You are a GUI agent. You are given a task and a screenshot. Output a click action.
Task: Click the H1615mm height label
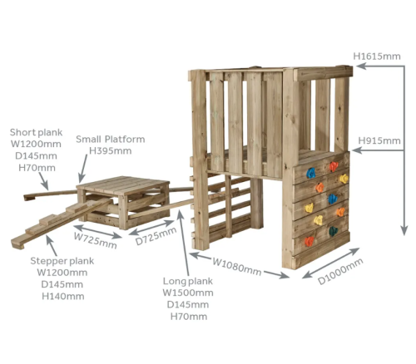377,57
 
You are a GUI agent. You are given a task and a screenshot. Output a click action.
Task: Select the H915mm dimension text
379,140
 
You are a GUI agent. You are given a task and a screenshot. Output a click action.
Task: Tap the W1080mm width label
236,267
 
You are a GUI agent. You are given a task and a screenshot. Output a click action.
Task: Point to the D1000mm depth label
340,271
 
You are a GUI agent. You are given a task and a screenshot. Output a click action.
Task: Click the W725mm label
95,240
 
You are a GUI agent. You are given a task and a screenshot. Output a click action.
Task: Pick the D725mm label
156,236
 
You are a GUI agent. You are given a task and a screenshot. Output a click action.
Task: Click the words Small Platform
111,139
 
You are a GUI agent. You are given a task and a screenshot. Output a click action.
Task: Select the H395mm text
111,151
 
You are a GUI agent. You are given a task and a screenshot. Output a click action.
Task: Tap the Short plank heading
36,132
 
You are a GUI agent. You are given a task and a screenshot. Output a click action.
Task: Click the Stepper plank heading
62,261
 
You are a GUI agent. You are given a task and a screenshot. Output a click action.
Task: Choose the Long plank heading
188,281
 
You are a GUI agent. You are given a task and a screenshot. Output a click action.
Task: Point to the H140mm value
63,297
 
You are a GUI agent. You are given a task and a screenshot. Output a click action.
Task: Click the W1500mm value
188,293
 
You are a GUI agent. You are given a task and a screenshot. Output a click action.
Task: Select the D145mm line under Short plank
36,156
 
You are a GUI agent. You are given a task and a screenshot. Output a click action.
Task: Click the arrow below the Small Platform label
83,169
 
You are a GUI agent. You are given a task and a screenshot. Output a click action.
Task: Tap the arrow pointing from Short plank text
43,181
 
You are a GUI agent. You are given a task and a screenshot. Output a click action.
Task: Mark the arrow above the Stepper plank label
52,245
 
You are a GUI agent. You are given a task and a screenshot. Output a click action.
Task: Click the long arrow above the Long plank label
184,243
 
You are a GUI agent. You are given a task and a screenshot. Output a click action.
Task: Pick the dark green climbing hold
333,231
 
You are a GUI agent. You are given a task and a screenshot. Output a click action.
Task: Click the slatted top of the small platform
123,184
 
